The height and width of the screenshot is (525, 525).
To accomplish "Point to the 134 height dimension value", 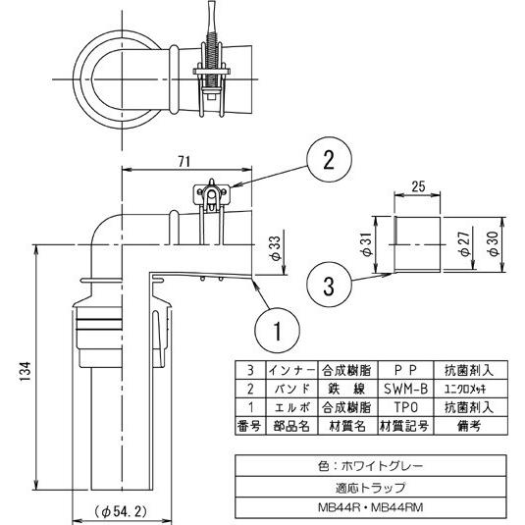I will tap(24, 372).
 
